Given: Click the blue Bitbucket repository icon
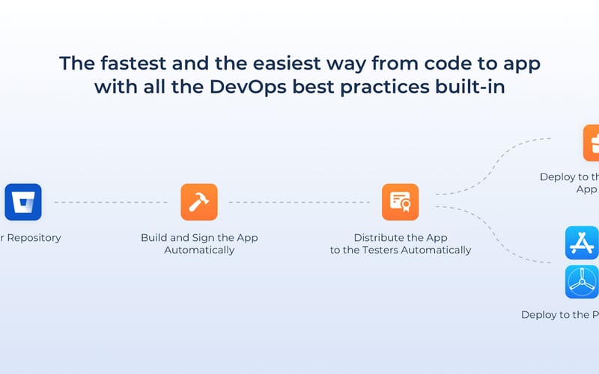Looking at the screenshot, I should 23,202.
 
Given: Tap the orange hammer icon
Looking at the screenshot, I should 199,202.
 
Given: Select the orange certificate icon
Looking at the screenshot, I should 400,202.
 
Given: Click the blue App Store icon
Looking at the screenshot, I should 583,244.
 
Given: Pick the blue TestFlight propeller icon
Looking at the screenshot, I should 583,283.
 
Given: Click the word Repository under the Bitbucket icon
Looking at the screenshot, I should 33,238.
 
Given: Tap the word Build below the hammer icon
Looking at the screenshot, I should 154,238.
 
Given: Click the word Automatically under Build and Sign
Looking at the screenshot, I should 199,250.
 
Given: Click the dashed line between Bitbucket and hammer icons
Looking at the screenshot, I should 111,202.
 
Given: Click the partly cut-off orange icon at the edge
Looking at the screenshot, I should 592,143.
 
